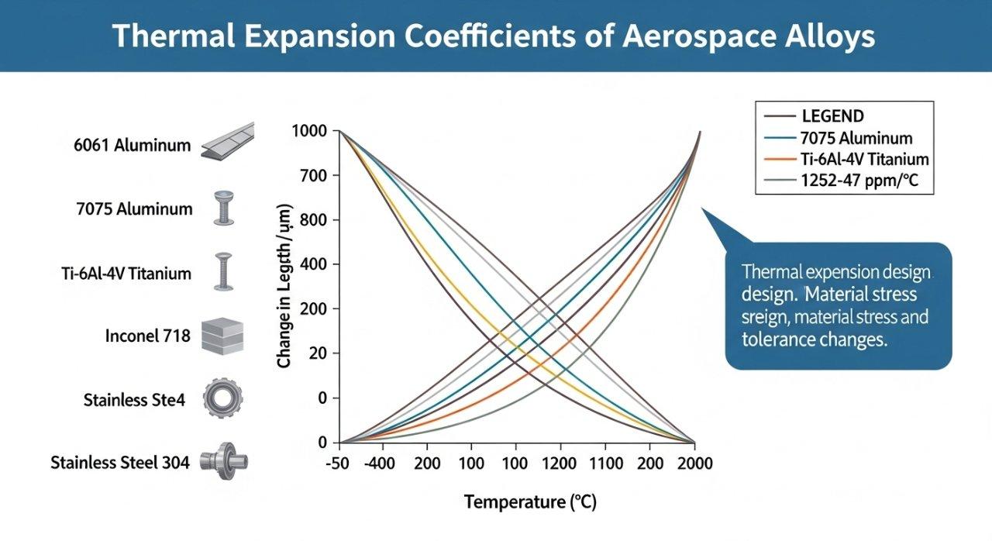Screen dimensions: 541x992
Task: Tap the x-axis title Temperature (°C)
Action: point(531,502)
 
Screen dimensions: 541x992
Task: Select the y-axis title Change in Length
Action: point(284,286)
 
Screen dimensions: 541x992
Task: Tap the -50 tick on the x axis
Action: point(339,463)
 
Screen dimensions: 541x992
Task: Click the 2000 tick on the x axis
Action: point(694,463)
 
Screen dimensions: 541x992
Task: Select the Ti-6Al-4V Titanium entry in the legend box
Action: point(863,160)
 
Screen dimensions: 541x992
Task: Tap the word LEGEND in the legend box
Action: point(832,117)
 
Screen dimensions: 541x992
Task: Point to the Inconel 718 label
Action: point(147,336)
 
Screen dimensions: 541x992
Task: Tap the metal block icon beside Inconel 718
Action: point(217,336)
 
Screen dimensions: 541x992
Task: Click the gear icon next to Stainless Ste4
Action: point(217,400)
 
